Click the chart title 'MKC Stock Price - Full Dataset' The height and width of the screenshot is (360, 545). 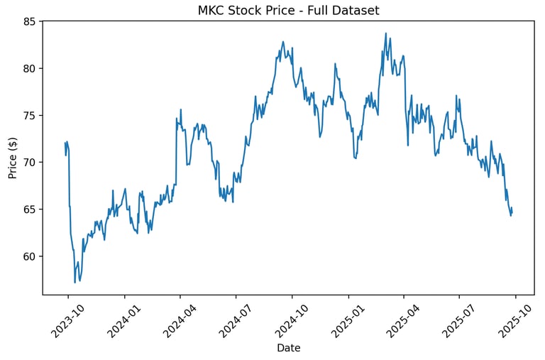[x=287, y=11]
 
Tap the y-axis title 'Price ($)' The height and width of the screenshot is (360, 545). [x=13, y=158]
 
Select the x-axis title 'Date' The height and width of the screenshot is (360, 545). [x=288, y=348]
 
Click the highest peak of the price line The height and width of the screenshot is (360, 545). [x=386, y=33]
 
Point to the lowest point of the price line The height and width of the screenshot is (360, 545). [x=75, y=283]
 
